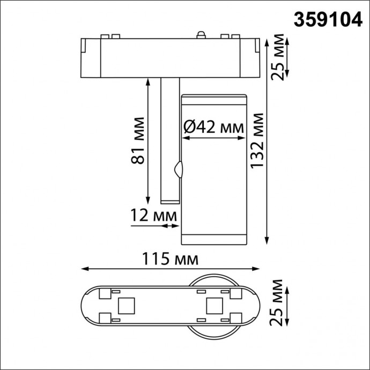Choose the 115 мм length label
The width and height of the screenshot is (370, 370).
[170, 259]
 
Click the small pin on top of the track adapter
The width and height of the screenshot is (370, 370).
[202, 35]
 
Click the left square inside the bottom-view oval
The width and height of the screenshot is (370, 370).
[126, 306]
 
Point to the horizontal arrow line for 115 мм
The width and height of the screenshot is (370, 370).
[170, 269]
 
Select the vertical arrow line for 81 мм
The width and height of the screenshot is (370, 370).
[149, 139]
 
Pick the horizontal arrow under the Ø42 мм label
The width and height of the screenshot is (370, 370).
[213, 139]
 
